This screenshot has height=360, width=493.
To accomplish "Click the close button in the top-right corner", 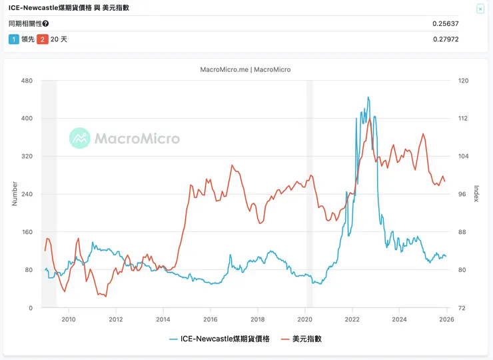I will (x=480, y=9).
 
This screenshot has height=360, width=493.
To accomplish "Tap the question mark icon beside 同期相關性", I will (x=45, y=24).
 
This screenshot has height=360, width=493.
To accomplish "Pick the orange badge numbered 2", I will (x=42, y=39).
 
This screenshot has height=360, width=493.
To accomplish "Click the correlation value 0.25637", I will (x=446, y=24).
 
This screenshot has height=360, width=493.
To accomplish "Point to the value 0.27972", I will (x=446, y=39).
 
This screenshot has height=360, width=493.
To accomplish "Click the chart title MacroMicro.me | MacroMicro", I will (x=245, y=69).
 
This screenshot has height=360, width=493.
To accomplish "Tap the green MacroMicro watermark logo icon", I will (x=79, y=138).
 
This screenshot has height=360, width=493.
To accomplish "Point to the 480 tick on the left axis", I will (x=27, y=81).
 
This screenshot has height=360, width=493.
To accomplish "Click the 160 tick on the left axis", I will (x=27, y=232).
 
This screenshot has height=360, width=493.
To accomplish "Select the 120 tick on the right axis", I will (x=464, y=81).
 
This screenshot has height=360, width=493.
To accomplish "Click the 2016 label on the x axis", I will (x=211, y=319).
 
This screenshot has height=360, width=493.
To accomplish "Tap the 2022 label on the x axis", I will (x=352, y=319).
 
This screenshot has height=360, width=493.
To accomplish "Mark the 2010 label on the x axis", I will (x=69, y=319).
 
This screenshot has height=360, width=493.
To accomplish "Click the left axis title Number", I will (x=15, y=193).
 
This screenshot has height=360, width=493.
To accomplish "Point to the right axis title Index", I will (x=476, y=193).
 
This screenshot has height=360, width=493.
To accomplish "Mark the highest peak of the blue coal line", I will (x=368, y=97).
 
